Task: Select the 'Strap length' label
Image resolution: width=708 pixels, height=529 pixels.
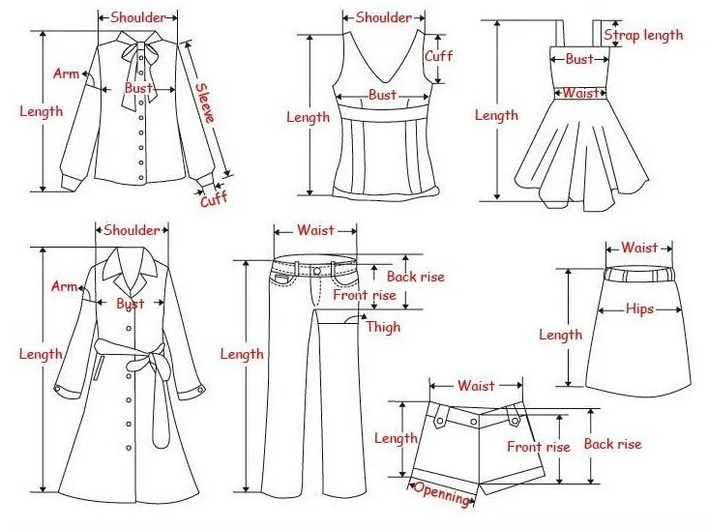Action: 643,35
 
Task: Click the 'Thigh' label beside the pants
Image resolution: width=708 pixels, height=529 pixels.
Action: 382,327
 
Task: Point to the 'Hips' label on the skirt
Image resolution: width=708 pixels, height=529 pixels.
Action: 638,309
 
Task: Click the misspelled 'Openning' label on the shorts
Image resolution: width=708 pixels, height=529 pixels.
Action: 442,493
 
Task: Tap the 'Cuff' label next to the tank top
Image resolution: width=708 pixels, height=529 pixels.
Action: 438,55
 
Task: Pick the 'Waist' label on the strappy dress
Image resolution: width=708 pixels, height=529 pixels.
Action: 579,93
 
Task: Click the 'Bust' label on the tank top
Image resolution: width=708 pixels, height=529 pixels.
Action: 382,95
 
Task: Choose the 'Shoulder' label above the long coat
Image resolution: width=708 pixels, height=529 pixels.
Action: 132,230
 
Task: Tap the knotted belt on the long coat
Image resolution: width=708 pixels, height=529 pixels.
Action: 148,365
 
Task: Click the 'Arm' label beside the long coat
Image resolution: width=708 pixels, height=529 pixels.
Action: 65,286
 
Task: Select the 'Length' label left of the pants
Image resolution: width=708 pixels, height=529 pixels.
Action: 241,354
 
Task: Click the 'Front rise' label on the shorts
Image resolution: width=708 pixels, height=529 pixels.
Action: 538,447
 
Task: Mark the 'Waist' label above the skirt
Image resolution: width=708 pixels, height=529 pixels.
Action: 638,248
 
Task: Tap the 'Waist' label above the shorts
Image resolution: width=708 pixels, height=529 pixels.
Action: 476,385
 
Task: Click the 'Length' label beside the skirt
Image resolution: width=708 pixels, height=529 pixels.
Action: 560,335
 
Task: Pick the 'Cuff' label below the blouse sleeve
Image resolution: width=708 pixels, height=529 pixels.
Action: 213,200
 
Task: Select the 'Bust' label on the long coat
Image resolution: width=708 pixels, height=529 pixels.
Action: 130,304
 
